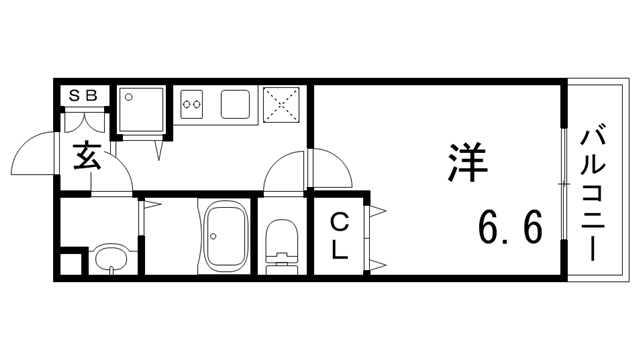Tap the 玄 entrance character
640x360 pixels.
(85, 157)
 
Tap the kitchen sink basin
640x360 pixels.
(238, 102)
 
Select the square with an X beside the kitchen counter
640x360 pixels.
(284, 104)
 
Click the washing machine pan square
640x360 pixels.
(143, 111)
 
